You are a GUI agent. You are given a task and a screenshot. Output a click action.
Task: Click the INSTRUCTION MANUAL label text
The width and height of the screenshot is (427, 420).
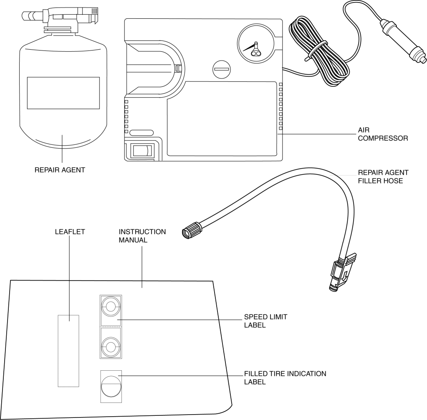142,235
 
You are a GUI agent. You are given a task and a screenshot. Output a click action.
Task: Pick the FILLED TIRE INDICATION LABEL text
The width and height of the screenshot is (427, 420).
285,377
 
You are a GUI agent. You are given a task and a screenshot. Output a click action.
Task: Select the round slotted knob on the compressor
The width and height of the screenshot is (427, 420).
221,68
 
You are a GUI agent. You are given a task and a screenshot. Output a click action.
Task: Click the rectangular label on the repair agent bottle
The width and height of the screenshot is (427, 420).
63,92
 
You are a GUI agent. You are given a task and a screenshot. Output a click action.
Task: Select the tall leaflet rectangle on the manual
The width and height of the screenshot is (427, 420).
68,351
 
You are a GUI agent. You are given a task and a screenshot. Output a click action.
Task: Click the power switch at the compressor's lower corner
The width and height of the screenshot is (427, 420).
141,151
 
